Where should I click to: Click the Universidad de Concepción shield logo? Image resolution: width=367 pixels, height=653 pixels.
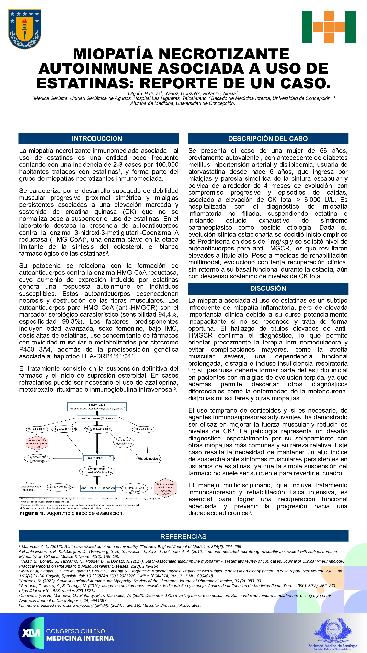tap(24, 29)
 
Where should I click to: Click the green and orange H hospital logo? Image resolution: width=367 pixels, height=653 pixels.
tap(329, 27)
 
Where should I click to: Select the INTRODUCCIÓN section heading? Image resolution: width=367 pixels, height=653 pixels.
tap(97, 138)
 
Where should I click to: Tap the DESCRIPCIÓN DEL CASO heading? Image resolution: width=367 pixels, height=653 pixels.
tap(268, 138)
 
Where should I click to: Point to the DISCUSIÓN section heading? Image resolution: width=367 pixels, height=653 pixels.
tap(268, 288)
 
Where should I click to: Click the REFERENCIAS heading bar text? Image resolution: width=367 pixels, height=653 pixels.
tap(183, 536)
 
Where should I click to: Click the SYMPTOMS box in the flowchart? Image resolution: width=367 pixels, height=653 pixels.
tap(97, 406)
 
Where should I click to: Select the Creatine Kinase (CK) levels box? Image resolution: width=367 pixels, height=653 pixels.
tap(97, 418)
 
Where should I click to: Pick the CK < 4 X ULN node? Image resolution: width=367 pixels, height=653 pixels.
tap(36, 429)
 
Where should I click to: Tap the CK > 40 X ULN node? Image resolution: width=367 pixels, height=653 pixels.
tap(143, 429)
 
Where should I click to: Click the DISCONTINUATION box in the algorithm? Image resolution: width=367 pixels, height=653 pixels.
tap(98, 458)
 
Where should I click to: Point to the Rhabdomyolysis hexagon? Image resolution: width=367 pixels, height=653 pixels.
tap(149, 458)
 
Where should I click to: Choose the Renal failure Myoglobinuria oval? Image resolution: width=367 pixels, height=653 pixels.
tap(124, 442)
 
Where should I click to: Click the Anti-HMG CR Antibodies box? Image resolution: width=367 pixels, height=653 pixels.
tap(98, 488)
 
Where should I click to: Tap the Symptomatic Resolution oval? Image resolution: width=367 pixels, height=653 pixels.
tap(37, 459)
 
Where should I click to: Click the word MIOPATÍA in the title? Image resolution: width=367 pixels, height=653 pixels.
tap(113, 54)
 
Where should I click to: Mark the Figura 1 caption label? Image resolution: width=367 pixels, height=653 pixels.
tap(32, 513)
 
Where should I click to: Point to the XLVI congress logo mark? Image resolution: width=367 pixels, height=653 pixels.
tap(31, 633)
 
